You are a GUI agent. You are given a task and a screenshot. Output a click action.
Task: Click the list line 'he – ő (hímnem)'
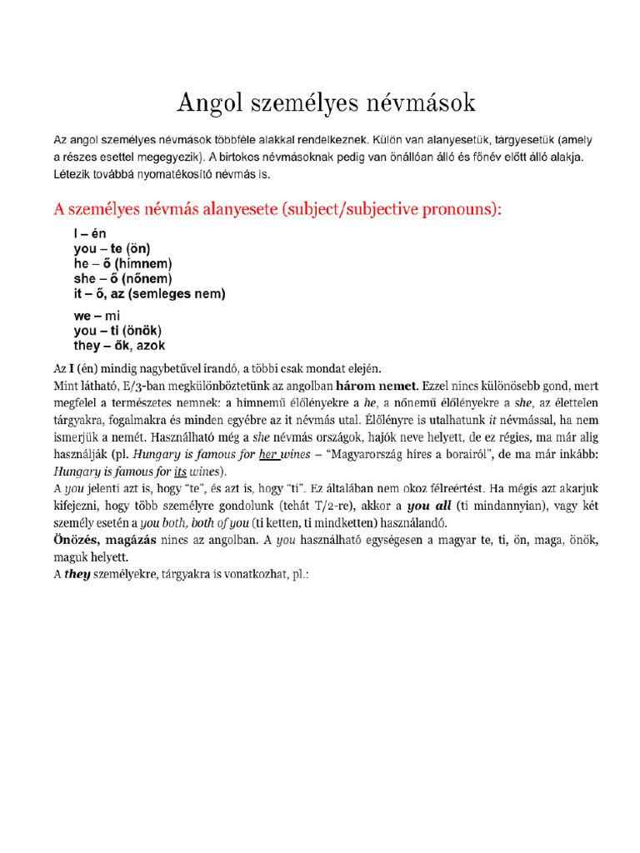pos(128,264)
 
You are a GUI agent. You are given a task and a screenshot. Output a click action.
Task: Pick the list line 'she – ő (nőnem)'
pos(123,279)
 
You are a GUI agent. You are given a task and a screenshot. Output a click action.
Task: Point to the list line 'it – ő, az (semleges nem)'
pos(149,294)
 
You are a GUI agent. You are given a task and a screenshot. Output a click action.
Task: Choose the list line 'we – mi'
pos(97,317)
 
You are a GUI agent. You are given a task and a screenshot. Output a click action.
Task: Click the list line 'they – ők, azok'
pos(119,346)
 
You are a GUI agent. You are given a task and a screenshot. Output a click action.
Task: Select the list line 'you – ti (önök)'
pos(117,331)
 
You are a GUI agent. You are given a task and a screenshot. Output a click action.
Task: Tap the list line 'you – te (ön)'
pos(112,249)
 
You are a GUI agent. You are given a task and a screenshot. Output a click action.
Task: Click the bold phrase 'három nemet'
pos(377,387)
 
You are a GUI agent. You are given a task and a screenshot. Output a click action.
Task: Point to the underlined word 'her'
pos(267,455)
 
